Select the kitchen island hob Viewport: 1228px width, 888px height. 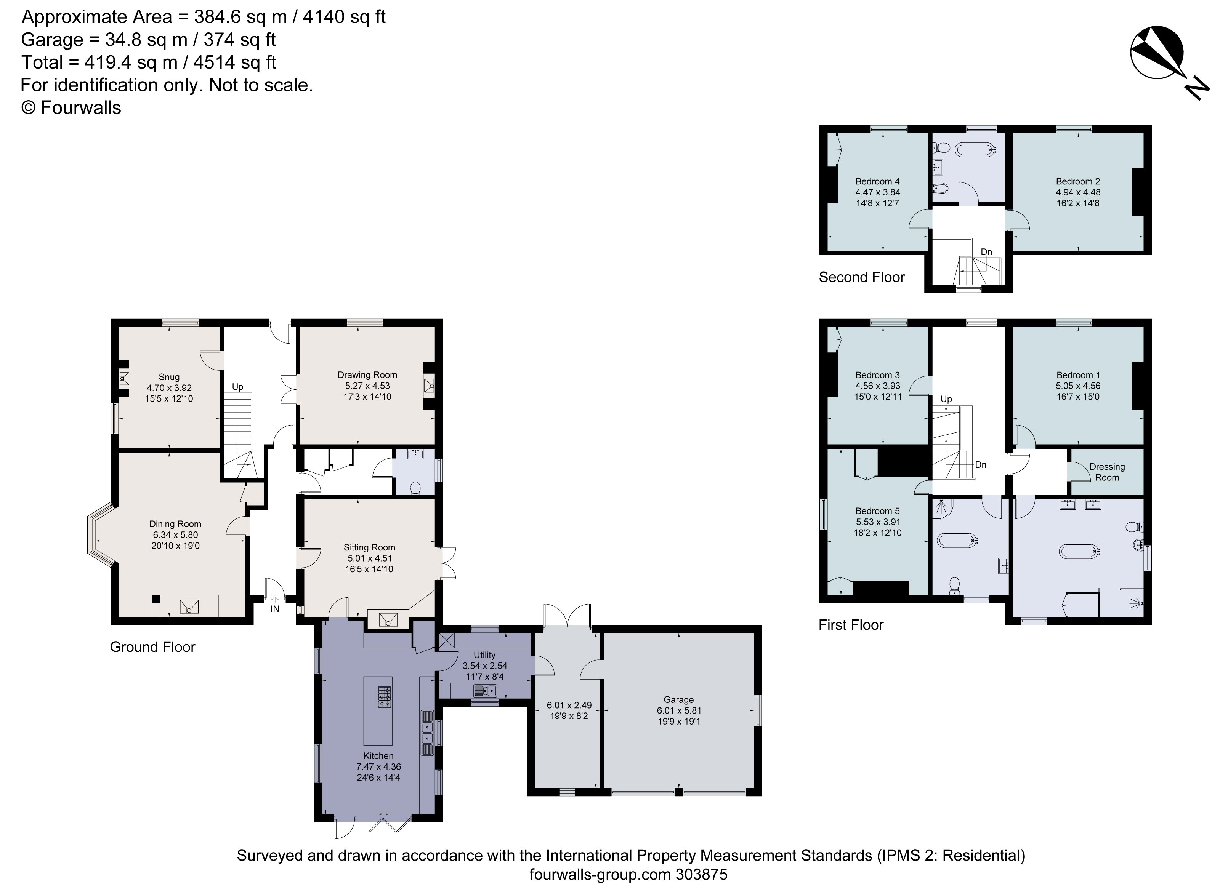(385, 697)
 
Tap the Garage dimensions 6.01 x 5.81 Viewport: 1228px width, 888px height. (678, 710)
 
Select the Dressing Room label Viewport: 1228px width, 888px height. (1107, 472)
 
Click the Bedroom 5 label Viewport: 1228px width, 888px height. (878, 511)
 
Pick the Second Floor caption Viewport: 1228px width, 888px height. (861, 278)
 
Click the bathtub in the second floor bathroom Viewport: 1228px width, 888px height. (975, 149)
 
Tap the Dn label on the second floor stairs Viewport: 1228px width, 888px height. (986, 252)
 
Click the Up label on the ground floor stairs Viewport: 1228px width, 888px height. (238, 387)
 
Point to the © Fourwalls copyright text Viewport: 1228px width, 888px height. (71, 108)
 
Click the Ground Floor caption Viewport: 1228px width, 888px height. (153, 647)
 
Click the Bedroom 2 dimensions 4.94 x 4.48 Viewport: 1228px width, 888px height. (1077, 192)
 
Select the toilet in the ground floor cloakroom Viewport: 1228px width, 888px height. (416, 489)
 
